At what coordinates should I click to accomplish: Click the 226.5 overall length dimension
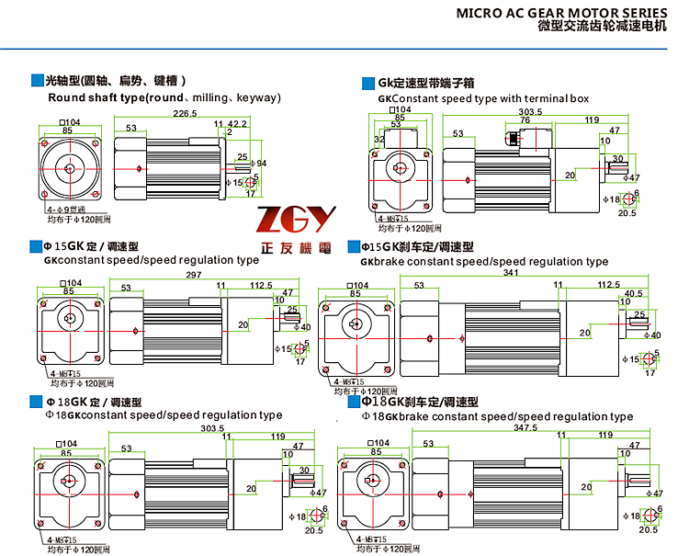point(185,113)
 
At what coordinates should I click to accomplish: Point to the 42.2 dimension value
point(237,123)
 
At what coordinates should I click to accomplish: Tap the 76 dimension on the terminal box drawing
point(525,119)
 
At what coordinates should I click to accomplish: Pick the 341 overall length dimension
point(483,273)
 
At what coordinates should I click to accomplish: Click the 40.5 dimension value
point(633,294)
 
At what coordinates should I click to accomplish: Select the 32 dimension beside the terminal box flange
point(378,141)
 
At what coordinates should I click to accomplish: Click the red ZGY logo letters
point(298,221)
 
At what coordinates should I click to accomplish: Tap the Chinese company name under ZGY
point(298,248)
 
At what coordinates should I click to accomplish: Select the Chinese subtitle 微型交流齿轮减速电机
point(601,28)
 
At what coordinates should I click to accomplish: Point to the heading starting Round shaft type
point(164,97)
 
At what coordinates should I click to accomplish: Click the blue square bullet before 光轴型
point(36,80)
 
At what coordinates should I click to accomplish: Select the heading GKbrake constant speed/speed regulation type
point(484,262)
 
